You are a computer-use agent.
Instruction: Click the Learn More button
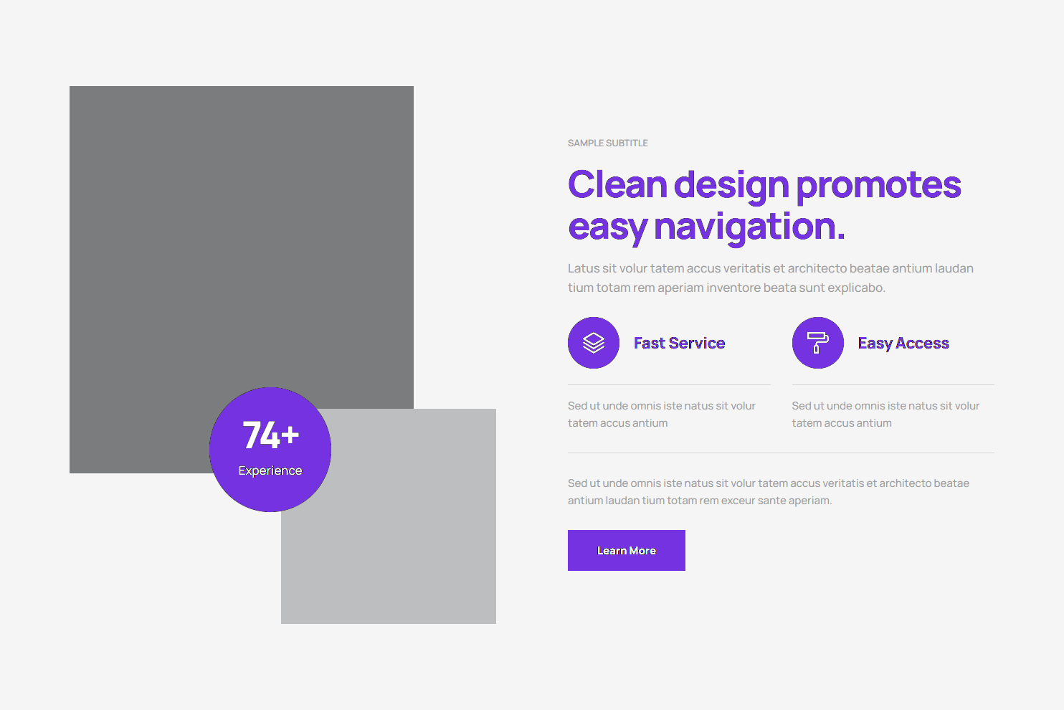(626, 550)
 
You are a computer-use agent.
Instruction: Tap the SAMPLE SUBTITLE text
(607, 143)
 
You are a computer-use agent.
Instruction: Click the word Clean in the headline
(617, 184)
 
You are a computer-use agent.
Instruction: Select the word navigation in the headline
(749, 227)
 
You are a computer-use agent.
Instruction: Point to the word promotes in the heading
(879, 186)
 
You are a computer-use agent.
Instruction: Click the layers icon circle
(593, 343)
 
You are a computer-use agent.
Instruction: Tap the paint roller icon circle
(817, 343)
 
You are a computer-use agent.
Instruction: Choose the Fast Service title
(679, 343)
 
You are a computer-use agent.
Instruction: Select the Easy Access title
(903, 343)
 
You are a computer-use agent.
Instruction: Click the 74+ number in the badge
(271, 435)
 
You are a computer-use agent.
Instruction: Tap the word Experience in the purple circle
(270, 470)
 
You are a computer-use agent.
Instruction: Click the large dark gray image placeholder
(242, 237)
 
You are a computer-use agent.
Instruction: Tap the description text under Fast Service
(662, 415)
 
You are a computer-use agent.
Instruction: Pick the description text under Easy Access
(885, 415)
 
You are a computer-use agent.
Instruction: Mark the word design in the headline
(731, 186)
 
